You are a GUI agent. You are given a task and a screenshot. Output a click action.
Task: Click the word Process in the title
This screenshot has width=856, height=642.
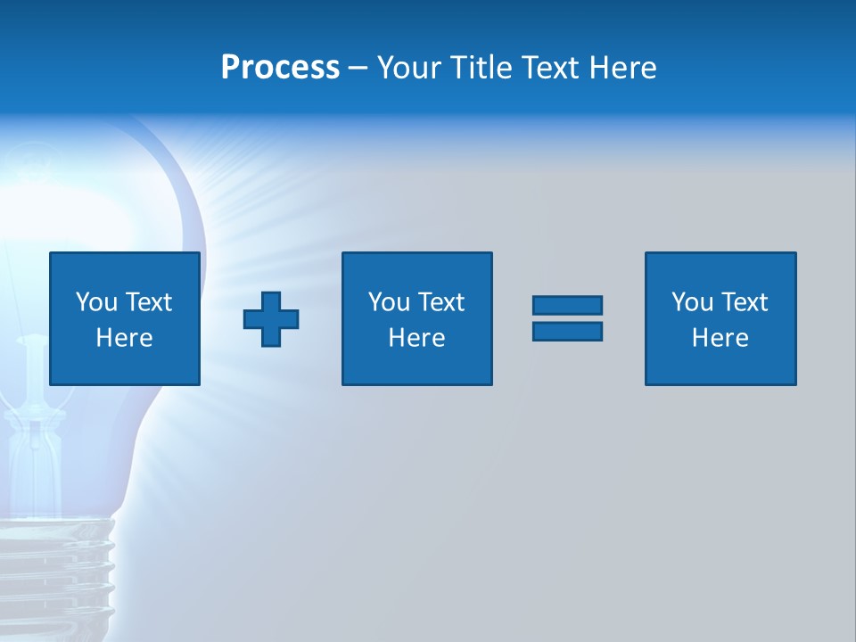tap(280, 68)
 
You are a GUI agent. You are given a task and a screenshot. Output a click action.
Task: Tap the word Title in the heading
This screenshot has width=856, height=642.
tap(485, 68)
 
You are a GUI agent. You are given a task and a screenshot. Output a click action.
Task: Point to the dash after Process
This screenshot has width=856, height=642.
tap(358, 69)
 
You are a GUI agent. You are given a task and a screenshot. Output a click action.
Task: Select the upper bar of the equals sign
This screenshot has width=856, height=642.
tap(567, 306)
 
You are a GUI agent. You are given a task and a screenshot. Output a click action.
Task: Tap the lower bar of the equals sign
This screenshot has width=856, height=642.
tap(567, 331)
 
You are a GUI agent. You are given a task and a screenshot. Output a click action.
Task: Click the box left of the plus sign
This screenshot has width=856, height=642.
tap(125, 318)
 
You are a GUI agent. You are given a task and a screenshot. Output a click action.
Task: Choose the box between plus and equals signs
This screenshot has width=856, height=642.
tap(416, 318)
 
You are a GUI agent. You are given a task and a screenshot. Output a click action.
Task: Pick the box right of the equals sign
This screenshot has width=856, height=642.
tap(720, 318)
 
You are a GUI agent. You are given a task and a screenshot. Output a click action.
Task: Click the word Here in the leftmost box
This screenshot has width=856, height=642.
tap(125, 338)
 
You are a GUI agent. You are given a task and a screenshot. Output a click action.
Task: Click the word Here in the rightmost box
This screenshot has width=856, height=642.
tap(720, 338)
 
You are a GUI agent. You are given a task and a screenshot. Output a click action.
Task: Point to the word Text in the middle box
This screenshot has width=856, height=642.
tap(441, 302)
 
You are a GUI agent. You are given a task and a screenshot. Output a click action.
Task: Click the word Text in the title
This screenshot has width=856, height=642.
tap(547, 68)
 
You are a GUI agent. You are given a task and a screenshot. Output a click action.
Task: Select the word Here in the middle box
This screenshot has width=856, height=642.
tap(416, 338)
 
